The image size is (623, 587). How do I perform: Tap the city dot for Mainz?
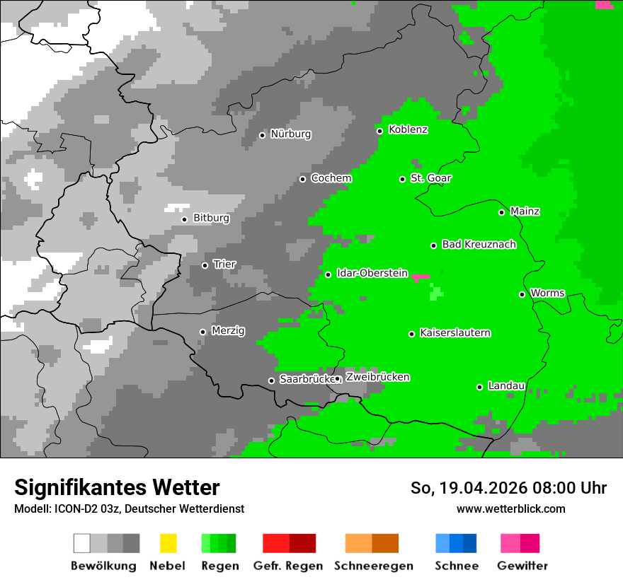click(x=501, y=212)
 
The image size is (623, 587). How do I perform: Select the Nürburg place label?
click(x=291, y=134)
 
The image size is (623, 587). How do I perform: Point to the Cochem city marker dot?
click(x=302, y=179)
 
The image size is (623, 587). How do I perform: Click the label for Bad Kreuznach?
click(x=479, y=245)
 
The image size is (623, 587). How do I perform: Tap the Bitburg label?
click(x=211, y=219)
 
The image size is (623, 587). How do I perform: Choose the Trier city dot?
click(x=205, y=265)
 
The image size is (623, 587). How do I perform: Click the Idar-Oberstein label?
click(x=372, y=273)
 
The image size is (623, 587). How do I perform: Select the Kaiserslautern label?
click(x=455, y=333)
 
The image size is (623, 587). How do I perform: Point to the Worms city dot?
click(x=522, y=294)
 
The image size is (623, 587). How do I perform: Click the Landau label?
click(x=506, y=386)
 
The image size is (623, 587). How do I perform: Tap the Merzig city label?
click(x=228, y=331)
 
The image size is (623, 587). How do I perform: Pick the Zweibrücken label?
click(x=377, y=378)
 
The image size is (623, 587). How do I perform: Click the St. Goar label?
click(x=431, y=178)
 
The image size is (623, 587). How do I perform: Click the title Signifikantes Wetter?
click(x=117, y=487)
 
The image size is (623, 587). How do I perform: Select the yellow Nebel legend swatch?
click(x=168, y=543)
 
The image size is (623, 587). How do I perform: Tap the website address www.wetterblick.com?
click(x=510, y=508)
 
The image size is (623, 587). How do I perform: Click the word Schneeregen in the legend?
click(x=373, y=566)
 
